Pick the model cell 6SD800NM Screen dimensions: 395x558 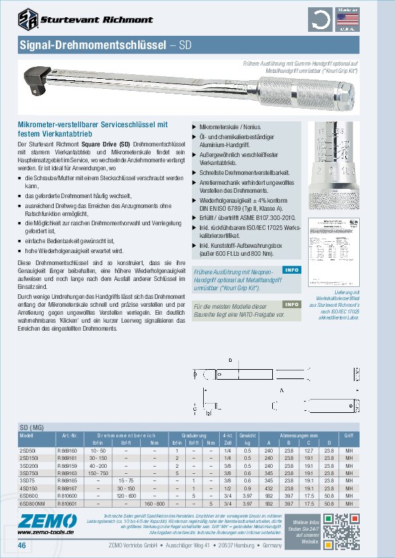(31, 503)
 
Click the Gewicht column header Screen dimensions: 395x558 (247, 434)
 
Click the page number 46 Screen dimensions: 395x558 (23, 545)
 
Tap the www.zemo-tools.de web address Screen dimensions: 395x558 (45, 532)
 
